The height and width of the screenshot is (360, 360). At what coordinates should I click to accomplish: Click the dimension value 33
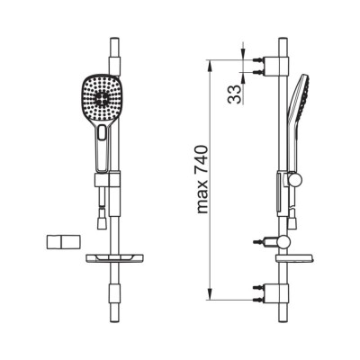(235, 94)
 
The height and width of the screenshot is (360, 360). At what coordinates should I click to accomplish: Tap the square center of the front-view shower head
(101, 98)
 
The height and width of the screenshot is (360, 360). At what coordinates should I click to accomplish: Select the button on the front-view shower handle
(103, 133)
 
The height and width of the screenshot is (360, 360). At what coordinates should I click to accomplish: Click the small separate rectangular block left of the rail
(64, 242)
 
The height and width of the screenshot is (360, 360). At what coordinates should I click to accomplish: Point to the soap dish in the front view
(114, 258)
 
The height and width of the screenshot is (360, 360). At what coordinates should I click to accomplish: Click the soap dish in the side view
(295, 259)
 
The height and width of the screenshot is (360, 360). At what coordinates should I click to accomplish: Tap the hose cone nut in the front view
(102, 223)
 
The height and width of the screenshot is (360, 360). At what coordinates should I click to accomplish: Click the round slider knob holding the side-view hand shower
(295, 181)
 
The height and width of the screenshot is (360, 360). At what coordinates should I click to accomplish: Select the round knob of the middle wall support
(283, 242)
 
